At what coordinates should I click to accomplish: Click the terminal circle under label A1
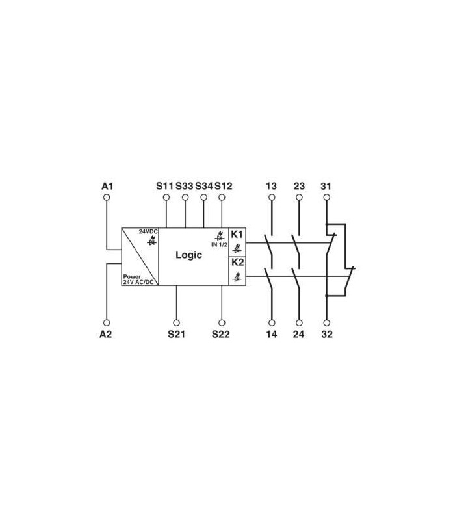[x=107, y=198]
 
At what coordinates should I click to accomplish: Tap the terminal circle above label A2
[x=107, y=322]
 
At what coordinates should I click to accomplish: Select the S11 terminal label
[x=164, y=186]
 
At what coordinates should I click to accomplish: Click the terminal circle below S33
[x=185, y=198]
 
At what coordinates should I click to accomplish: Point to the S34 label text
[x=203, y=186]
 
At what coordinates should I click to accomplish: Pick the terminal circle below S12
[x=222, y=198]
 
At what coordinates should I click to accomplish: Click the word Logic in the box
[x=188, y=255]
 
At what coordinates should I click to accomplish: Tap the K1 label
[x=237, y=235]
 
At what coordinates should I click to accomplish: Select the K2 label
[x=237, y=263]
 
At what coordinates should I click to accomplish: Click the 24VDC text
[x=148, y=231]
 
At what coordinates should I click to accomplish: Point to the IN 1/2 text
[x=219, y=245]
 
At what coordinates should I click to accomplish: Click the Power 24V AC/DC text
[x=138, y=279]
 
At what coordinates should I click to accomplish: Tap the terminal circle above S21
[x=176, y=322]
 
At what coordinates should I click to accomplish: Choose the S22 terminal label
[x=220, y=334]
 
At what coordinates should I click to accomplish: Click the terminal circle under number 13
[x=272, y=198]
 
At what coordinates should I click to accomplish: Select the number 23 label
[x=299, y=186]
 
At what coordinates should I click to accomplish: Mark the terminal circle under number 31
[x=327, y=198]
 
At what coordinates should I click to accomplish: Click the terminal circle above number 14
[x=272, y=322]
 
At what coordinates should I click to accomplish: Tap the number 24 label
[x=298, y=334]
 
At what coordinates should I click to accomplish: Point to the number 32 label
[x=327, y=334]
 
